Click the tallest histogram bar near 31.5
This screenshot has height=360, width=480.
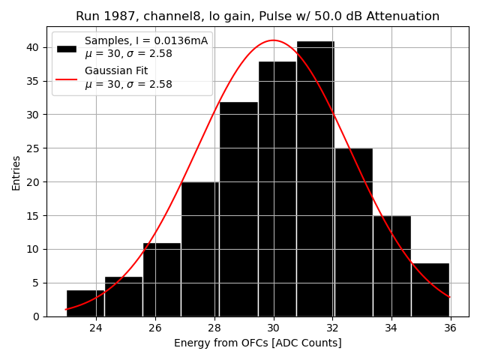pos(315,180)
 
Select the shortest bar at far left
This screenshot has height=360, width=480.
pos(85,303)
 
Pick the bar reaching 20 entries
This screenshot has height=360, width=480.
pos(200,249)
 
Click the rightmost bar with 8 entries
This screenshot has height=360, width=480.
pos(430,289)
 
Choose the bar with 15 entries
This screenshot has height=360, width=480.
pos(391,266)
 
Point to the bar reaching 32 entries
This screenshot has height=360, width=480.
pos(238,209)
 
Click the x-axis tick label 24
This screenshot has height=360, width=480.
pos(96,328)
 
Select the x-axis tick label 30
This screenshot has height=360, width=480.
pos(273,328)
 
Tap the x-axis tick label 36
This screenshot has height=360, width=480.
pos(450,328)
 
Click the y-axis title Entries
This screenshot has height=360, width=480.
pos(16,172)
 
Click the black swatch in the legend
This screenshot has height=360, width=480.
pos(67,48)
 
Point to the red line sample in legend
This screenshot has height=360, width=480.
pos(67,78)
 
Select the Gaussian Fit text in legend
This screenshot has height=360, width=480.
pos(116,70)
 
